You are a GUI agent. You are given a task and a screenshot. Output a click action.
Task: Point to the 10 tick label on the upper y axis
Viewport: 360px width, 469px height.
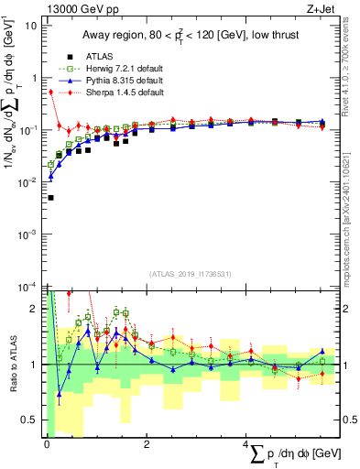(30, 25)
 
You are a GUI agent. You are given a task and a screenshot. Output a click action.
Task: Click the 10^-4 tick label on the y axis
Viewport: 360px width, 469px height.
(27, 287)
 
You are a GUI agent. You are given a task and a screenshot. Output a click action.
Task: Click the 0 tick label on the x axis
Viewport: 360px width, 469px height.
(47, 444)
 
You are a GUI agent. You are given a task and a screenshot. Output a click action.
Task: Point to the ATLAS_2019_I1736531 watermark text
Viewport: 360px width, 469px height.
(188, 274)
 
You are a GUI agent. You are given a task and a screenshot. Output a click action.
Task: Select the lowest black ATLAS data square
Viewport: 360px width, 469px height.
(50, 197)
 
